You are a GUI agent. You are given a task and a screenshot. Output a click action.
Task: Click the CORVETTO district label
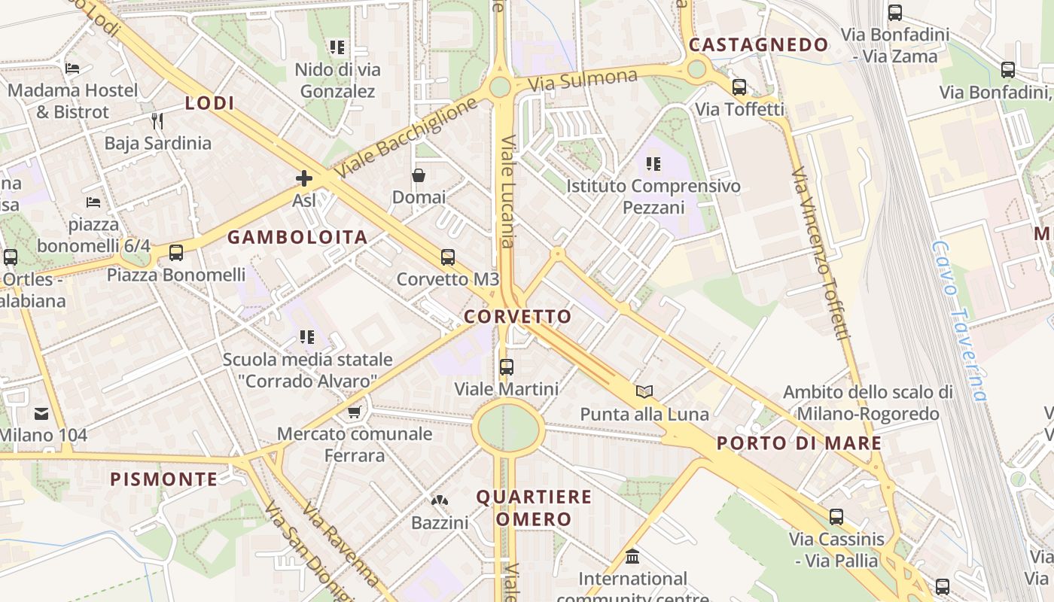518,317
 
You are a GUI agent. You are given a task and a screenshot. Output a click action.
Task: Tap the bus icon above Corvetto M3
448,257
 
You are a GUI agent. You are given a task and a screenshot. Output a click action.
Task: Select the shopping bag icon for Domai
419,175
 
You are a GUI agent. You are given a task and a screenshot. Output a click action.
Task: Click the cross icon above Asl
304,178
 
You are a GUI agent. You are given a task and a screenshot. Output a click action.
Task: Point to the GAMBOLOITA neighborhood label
297,238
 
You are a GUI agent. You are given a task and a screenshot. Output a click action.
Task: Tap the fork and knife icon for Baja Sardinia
157,120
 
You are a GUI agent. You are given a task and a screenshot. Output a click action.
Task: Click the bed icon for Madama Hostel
72,68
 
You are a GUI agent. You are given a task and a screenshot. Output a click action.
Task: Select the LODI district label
210,103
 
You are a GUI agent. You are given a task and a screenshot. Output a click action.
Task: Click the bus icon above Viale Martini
507,367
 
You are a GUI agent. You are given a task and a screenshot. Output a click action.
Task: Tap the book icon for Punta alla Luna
644,391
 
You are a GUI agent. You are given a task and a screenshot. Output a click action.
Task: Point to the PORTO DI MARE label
799,442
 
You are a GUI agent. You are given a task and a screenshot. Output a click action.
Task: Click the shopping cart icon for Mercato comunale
355,412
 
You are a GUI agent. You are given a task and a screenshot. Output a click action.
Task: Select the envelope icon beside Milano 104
41,413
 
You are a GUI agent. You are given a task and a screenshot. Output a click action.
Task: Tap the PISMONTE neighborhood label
164,479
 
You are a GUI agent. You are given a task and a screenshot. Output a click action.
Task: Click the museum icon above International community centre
632,557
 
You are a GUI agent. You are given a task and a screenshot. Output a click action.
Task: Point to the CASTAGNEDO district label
759,45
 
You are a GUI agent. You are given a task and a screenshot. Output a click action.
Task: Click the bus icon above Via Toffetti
739,87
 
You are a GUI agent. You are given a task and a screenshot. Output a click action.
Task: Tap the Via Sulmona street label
583,79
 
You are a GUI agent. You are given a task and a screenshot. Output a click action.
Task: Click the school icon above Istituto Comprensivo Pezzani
653,163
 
